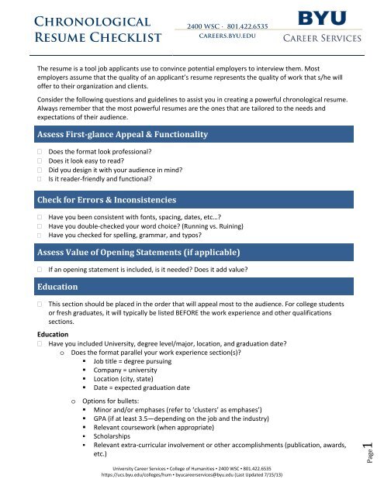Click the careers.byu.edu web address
point(223,36)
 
